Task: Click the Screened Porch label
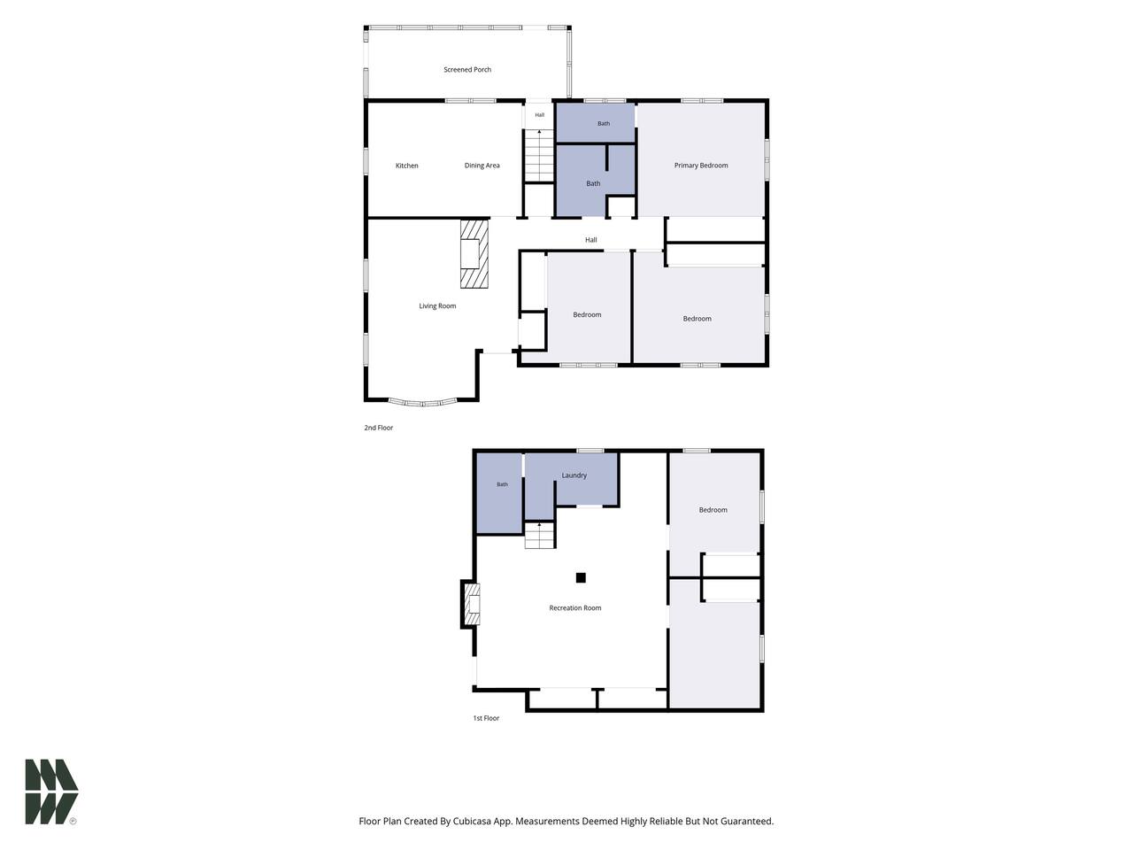[467, 70]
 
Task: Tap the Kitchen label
[407, 166]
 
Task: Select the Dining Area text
[482, 166]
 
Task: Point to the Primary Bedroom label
[700, 166]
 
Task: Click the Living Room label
[437, 306]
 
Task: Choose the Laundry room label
[574, 475]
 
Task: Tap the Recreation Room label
[575, 608]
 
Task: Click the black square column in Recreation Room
[581, 577]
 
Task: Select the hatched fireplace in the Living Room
[474, 254]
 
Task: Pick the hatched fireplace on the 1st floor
[472, 604]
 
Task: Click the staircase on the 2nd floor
[539, 155]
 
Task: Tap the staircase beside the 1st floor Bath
[539, 535]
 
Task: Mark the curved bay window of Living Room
[423, 403]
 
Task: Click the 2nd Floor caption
[378, 428]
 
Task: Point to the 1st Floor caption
[486, 718]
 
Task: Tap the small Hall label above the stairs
[539, 115]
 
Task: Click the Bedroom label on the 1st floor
[713, 510]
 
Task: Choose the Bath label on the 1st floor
[502, 484]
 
